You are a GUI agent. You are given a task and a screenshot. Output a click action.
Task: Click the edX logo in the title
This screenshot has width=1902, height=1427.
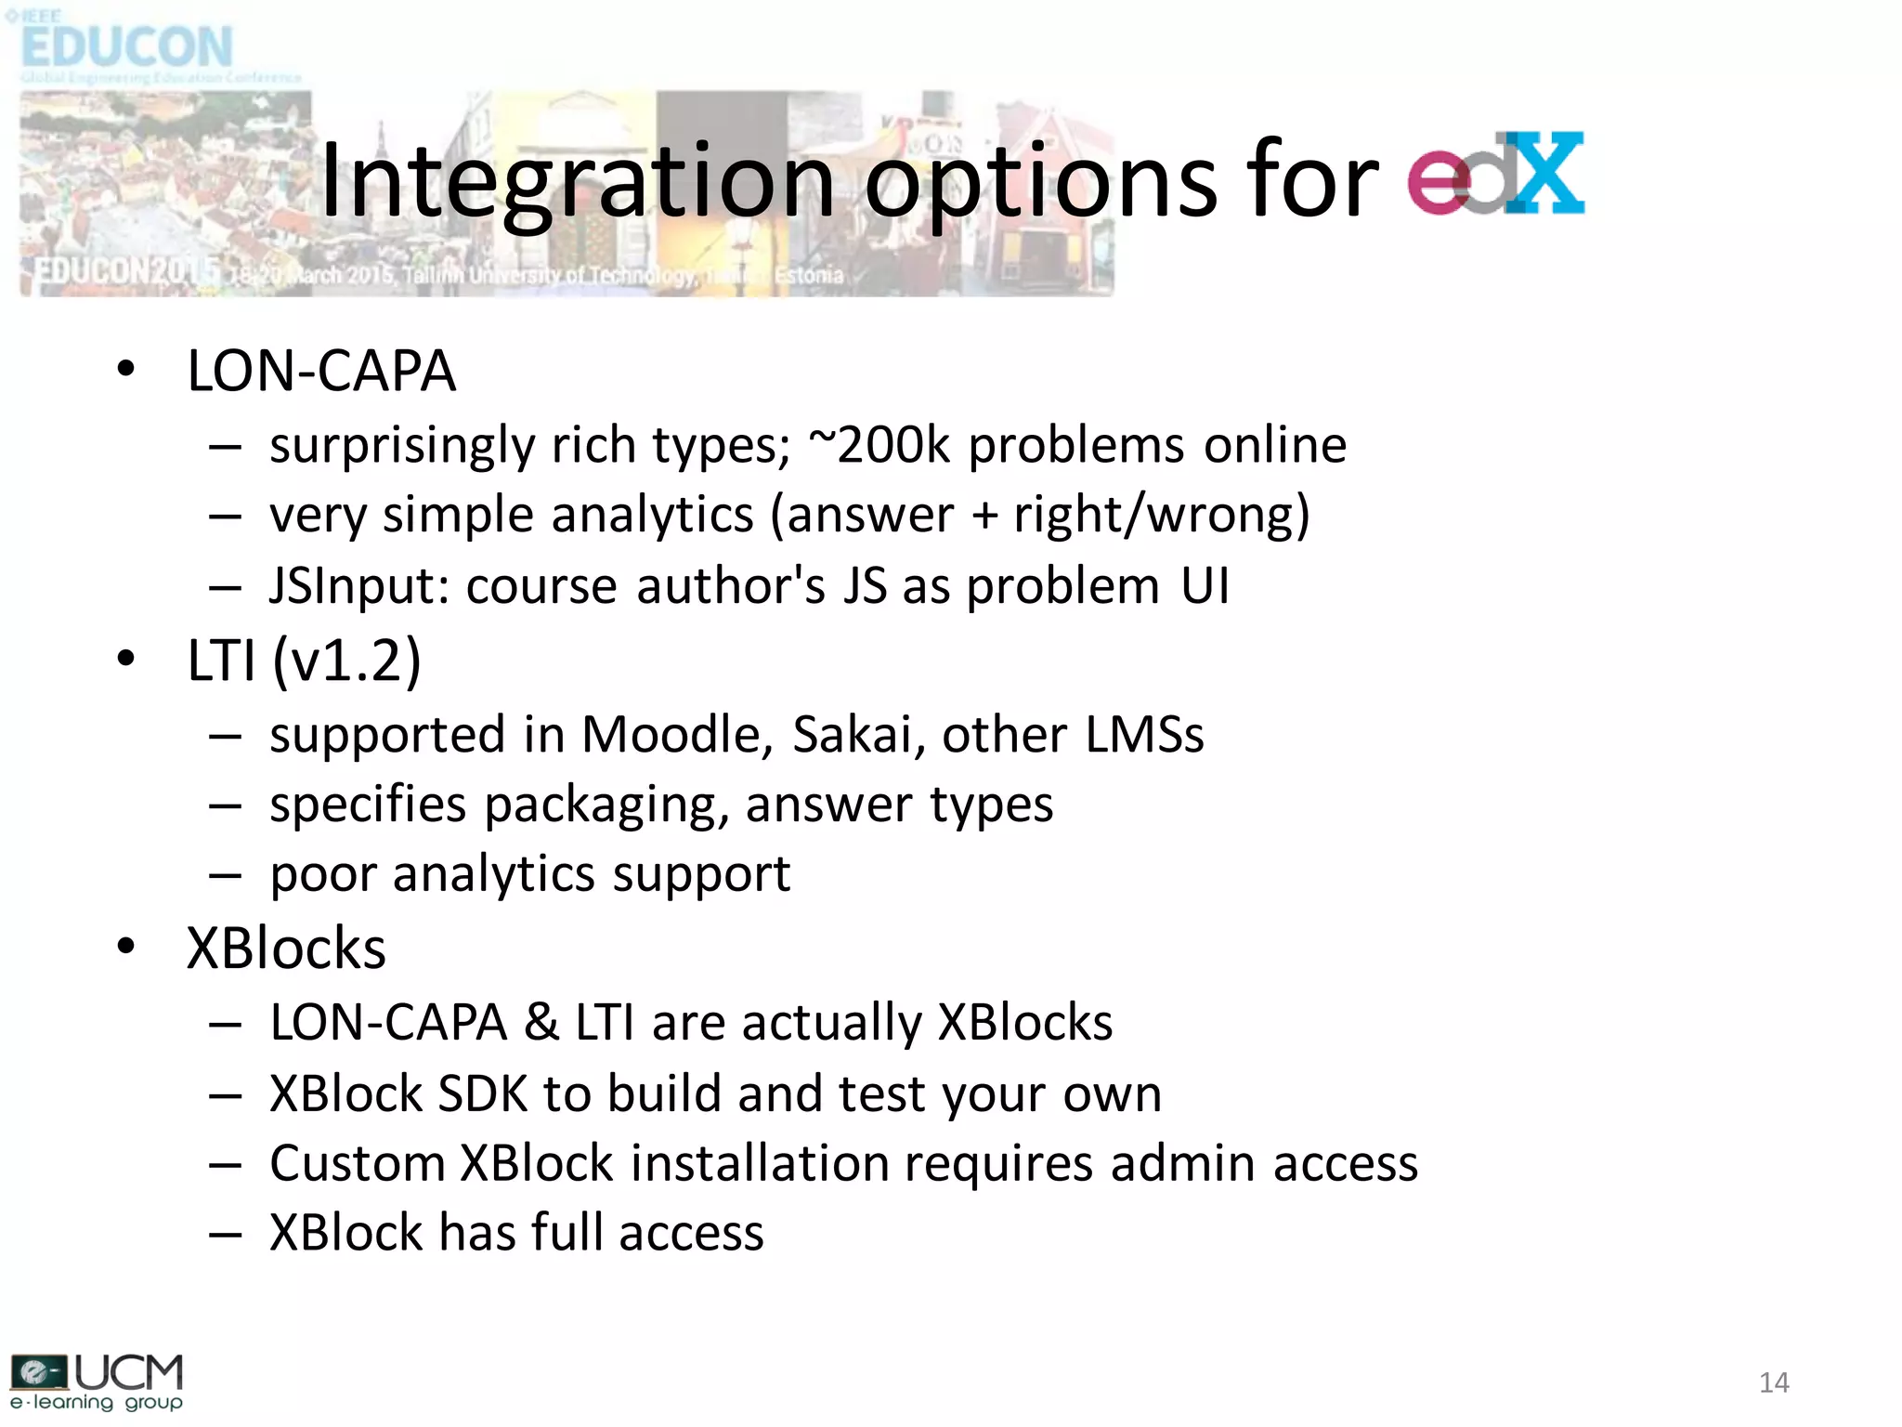pyautogui.click(x=1495, y=175)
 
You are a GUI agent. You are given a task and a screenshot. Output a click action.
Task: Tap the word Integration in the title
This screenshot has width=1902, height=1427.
pyautogui.click(x=576, y=181)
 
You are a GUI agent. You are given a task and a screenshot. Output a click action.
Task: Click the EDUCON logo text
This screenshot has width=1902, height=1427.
pyautogui.click(x=127, y=46)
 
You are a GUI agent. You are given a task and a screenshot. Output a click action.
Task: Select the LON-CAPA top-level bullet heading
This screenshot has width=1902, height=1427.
pyautogui.click(x=321, y=372)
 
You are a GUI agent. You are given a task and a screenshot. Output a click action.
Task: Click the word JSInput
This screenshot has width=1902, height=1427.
pyautogui.click(x=359, y=587)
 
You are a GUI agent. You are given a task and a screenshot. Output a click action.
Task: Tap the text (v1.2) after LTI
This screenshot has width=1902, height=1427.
pyautogui.click(x=347, y=661)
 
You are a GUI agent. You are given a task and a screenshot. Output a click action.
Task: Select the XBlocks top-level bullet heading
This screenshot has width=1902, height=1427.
pyautogui.click(x=286, y=949)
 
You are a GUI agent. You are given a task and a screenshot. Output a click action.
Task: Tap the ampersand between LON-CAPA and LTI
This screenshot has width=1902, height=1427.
pyautogui.click(x=541, y=1023)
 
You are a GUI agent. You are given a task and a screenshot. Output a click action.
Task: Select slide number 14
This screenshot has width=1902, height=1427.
pyautogui.click(x=1773, y=1382)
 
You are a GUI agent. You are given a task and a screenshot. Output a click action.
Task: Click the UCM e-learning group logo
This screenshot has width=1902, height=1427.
pyautogui.click(x=97, y=1381)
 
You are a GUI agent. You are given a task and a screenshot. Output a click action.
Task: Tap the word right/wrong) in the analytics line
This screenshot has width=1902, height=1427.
pyautogui.click(x=1161, y=517)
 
